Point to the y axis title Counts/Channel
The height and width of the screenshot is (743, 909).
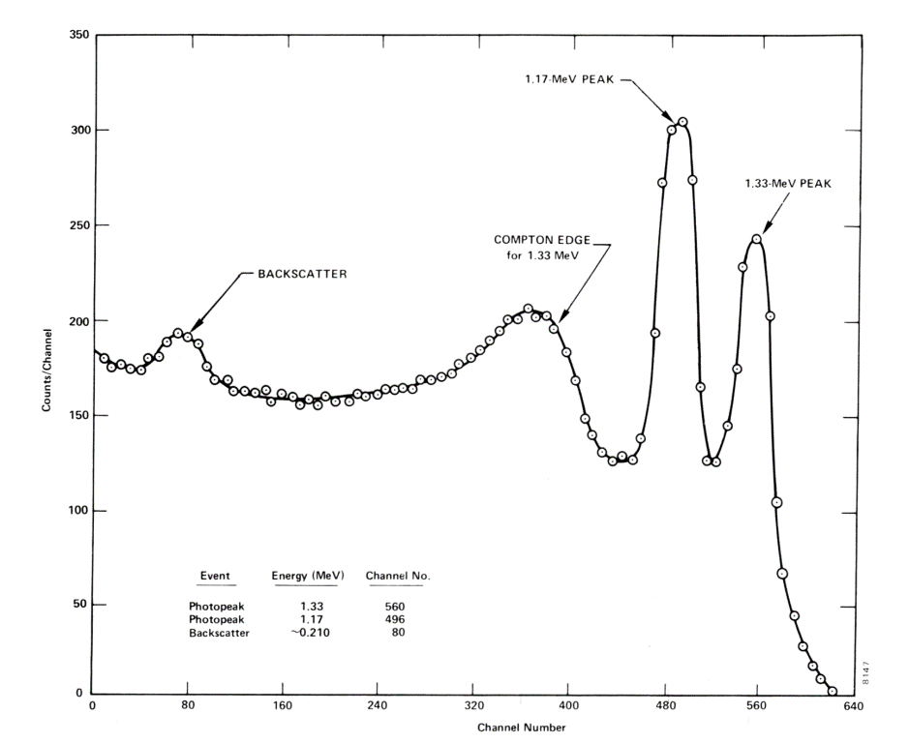45,365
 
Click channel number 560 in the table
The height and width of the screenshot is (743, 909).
394,607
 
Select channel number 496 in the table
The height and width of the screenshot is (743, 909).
394,619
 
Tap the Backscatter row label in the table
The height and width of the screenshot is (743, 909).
218,632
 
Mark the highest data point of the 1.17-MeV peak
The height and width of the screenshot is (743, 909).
682,122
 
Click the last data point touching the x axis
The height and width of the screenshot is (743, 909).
832,691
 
